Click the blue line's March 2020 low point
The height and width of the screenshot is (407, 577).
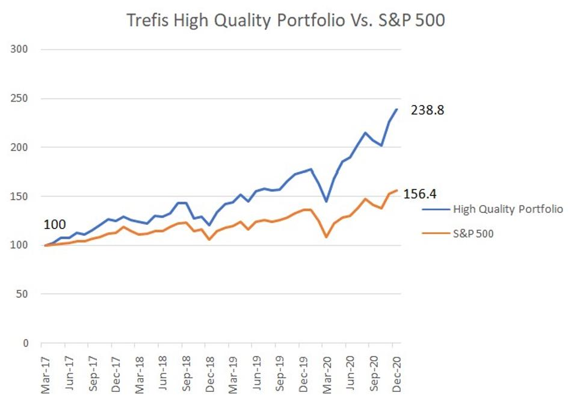click(326, 201)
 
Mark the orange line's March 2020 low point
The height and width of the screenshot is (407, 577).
click(326, 237)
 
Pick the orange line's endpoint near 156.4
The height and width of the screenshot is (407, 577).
click(397, 190)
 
